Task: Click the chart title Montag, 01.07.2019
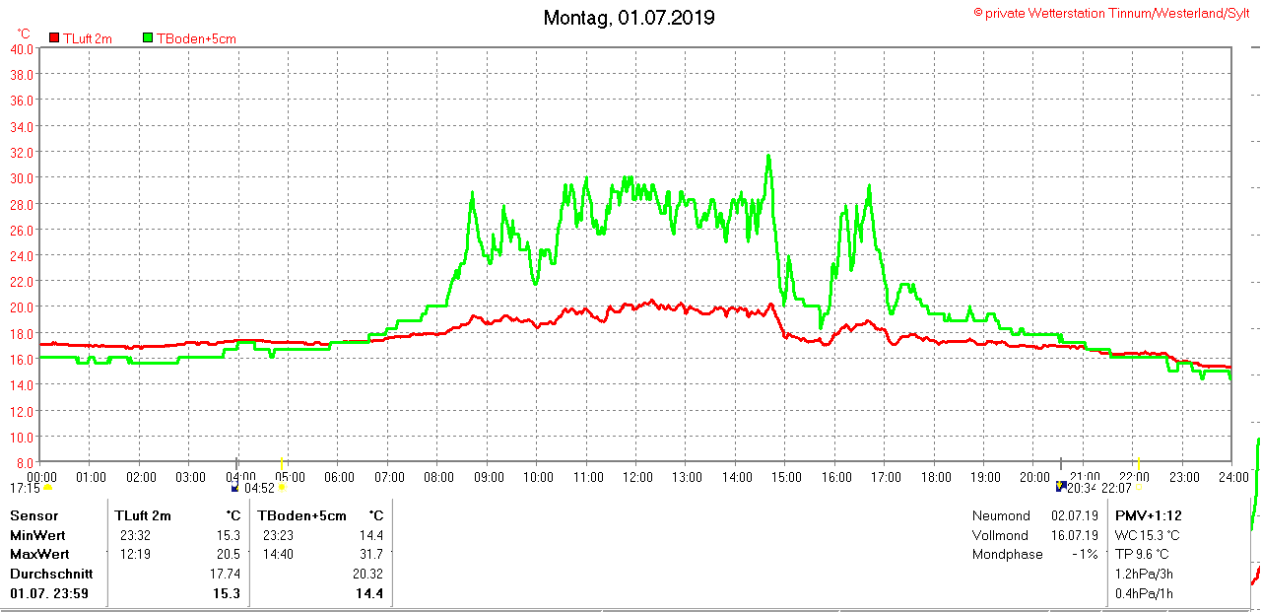[630, 18]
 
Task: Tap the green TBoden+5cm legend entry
[195, 38]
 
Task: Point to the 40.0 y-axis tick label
[22, 48]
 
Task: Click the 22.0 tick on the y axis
[22, 281]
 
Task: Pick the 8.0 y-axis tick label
[25, 462]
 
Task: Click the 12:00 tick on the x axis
[637, 477]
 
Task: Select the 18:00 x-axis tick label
[936, 477]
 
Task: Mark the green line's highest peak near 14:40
[768, 156]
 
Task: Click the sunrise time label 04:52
[259, 488]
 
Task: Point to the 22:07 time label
[1116, 488]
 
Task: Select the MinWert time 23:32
[135, 535]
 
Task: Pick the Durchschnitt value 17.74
[226, 574]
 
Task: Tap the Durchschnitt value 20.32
[367, 574]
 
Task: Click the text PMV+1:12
[1148, 515]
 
